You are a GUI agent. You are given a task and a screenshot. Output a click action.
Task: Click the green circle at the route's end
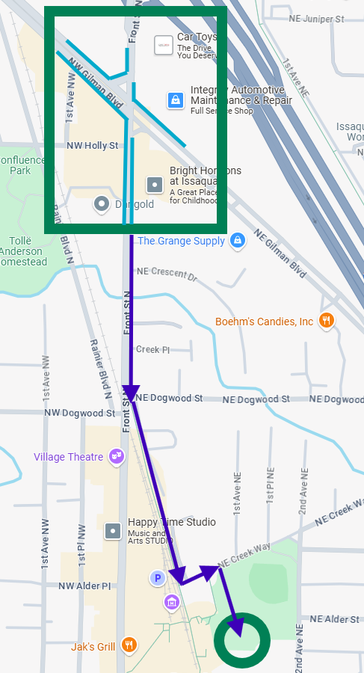[241, 641]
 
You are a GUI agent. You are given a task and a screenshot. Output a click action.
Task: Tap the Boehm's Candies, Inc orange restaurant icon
[326, 322]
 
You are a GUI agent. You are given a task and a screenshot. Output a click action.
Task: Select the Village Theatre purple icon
[116, 455]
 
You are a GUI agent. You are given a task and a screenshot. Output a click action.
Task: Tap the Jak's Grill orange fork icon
[129, 645]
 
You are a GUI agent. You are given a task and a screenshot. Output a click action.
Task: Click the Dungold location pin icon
[102, 203]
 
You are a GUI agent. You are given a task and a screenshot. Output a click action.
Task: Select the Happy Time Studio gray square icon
[113, 530]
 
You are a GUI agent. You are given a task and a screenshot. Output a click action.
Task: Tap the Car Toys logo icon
[164, 46]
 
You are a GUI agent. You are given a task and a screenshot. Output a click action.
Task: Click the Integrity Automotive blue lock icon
[175, 100]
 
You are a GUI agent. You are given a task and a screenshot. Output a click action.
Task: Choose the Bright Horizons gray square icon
[155, 183]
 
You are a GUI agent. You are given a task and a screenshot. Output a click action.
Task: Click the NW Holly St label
[92, 146]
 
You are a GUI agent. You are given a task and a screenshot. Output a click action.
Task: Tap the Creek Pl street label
[153, 349]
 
